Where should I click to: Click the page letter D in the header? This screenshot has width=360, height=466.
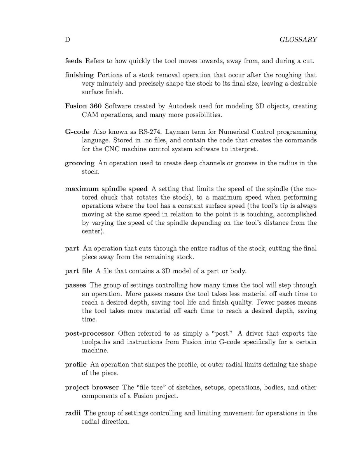point(67,40)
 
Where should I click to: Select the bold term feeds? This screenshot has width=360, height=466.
point(73,61)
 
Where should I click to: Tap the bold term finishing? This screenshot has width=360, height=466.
point(79,75)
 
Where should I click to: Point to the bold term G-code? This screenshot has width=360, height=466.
point(77,132)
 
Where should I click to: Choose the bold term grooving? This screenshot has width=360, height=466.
point(79,163)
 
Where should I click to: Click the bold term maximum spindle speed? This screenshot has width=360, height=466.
point(106,189)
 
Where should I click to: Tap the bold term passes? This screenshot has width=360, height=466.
point(75,285)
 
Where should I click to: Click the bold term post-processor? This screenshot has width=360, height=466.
point(89,333)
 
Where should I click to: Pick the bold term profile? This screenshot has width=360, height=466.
point(76,364)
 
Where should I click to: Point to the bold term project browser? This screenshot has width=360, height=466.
point(92,387)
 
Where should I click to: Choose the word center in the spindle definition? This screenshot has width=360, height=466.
point(93,232)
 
